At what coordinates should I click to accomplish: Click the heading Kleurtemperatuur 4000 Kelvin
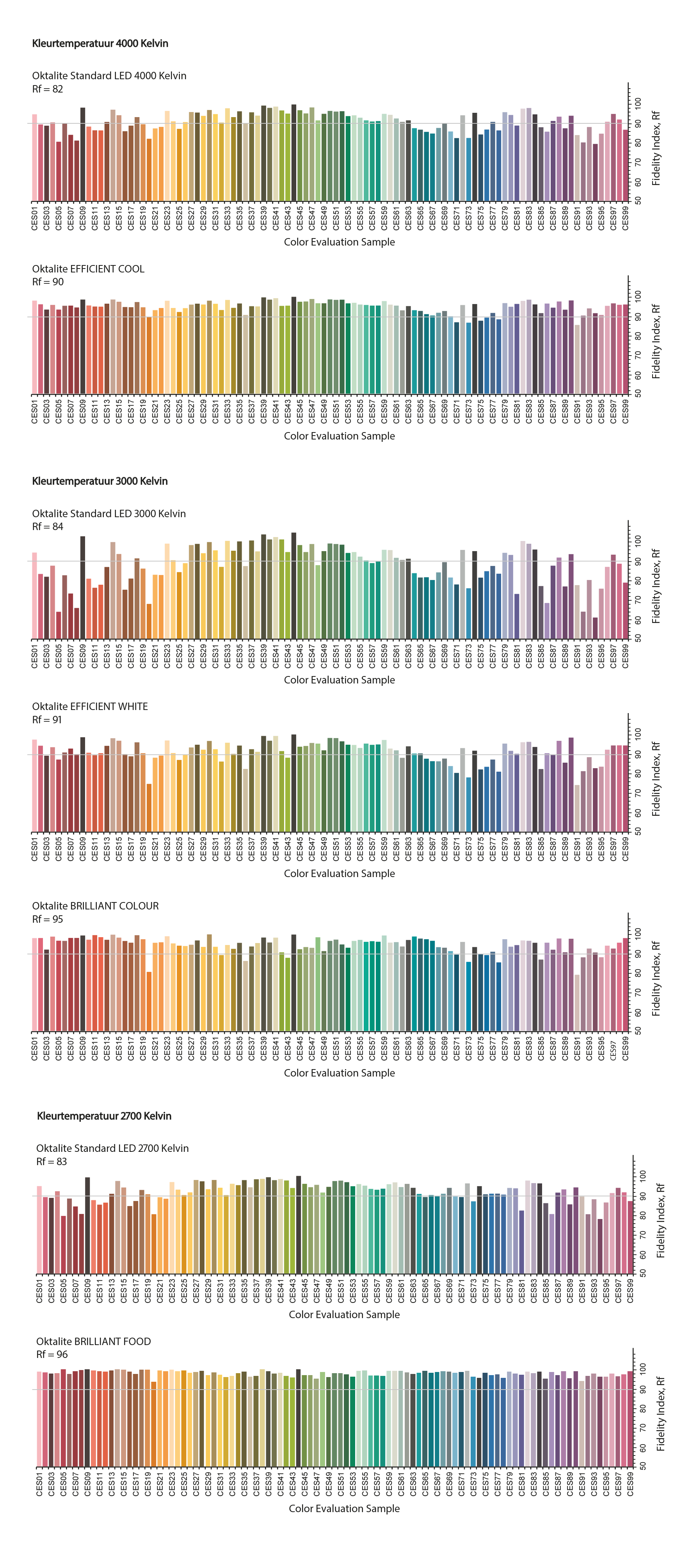click(100, 44)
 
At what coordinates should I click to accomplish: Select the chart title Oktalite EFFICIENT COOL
click(88, 269)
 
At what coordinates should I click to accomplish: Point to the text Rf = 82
click(47, 89)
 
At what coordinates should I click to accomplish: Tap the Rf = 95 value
click(47, 919)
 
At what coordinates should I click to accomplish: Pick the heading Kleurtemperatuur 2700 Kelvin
click(104, 1116)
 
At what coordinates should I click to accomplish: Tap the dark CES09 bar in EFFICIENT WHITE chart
click(82, 784)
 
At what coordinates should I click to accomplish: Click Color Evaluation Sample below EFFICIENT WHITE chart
click(339, 874)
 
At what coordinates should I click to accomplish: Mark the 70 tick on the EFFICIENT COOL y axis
click(638, 355)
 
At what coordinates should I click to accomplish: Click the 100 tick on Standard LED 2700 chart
click(642, 1176)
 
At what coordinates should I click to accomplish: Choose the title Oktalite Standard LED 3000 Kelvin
click(109, 513)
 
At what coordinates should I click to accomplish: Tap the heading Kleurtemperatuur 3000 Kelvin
click(100, 481)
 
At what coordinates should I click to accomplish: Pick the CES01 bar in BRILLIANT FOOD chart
click(39, 1418)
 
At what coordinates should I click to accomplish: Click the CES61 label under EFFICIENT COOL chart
click(396, 411)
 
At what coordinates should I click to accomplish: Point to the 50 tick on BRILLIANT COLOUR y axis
click(638, 1031)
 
